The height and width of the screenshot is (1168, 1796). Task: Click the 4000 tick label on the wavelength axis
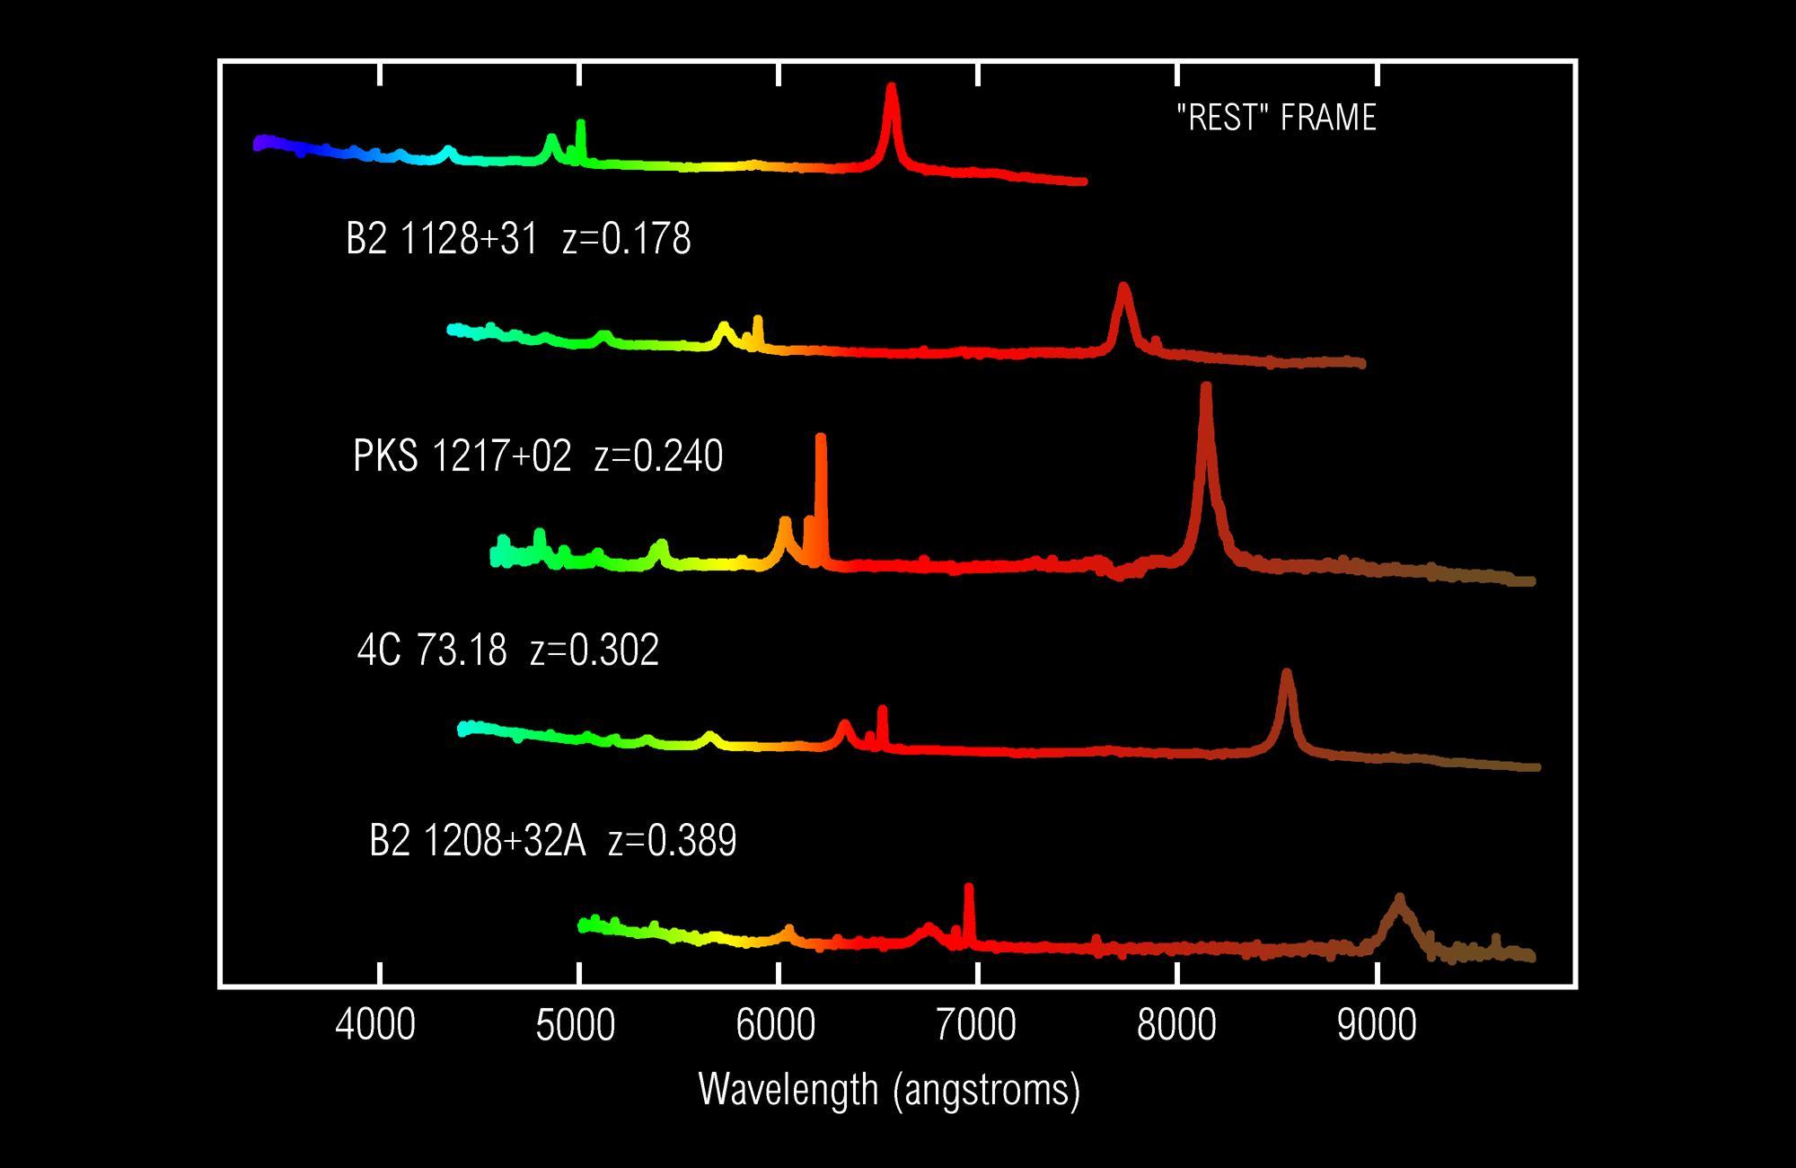(x=375, y=1026)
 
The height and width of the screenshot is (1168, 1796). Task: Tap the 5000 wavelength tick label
(x=576, y=1026)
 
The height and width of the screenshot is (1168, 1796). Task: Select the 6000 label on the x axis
(x=776, y=1026)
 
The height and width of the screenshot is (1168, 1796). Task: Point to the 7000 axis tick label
(x=976, y=1026)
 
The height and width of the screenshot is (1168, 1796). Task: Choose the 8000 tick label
(x=1176, y=1026)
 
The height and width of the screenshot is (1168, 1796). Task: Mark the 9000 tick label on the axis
(x=1377, y=1026)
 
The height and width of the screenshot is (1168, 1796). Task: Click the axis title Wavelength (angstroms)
(x=889, y=1089)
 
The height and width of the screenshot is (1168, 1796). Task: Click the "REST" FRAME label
(x=1276, y=118)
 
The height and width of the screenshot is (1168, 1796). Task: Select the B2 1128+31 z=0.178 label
(x=518, y=239)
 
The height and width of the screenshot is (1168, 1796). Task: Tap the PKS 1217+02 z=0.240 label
(x=538, y=456)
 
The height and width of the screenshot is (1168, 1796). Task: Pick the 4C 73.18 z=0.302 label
(x=507, y=650)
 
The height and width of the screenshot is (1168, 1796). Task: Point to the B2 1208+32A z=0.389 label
(x=552, y=841)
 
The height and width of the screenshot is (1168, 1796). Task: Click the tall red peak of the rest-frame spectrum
(x=891, y=90)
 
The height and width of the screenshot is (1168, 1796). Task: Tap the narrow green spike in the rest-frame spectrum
(x=580, y=126)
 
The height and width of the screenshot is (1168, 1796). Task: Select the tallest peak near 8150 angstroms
(x=1206, y=391)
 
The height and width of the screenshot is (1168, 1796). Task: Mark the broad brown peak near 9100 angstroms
(x=1398, y=900)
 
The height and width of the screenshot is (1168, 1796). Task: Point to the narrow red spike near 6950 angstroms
(x=968, y=889)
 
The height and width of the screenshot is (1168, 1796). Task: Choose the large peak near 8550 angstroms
(x=1287, y=675)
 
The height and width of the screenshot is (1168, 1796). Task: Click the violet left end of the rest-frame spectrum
(x=260, y=143)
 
